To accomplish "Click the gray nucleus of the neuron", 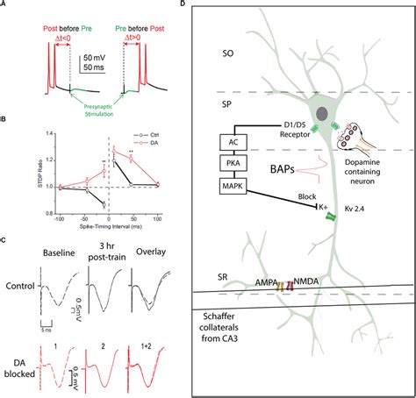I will tap(324, 112).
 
